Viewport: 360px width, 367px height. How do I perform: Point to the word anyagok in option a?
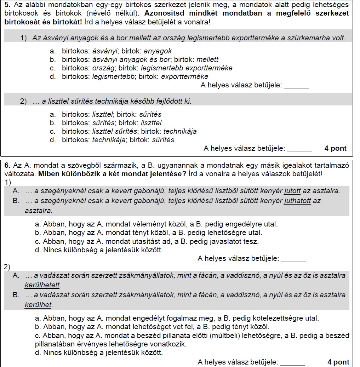click(158, 51)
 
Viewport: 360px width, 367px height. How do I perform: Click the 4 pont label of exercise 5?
click(335, 149)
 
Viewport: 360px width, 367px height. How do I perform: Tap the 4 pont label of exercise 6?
click(338, 362)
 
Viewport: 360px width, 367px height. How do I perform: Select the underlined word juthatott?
click(297, 201)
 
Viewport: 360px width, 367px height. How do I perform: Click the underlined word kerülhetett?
click(43, 285)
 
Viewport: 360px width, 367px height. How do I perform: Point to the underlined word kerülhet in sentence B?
click(39, 305)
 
